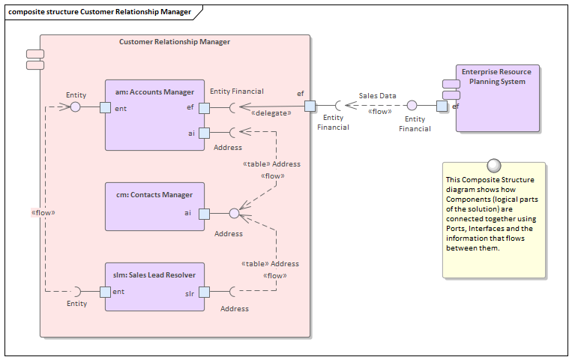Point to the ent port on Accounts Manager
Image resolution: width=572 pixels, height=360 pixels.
(x=105, y=107)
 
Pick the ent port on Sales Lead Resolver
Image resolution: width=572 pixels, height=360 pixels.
(x=105, y=291)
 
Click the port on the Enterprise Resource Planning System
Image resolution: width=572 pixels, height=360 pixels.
(x=442, y=106)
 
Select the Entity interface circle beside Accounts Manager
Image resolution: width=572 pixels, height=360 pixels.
(x=75, y=107)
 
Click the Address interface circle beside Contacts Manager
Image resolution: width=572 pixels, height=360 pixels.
(x=234, y=213)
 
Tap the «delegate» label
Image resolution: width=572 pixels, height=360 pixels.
(x=271, y=113)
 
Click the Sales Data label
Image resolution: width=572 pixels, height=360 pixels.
(x=377, y=96)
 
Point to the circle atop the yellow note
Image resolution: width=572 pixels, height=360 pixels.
(x=493, y=165)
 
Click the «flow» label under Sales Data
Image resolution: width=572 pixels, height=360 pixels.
(x=379, y=112)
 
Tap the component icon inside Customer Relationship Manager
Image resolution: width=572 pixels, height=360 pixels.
(x=34, y=59)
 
